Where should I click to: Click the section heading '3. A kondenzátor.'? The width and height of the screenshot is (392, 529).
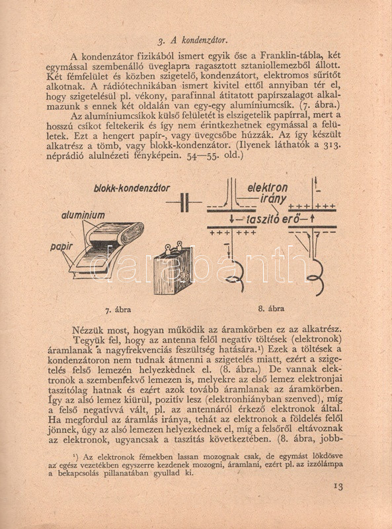[x=192, y=40]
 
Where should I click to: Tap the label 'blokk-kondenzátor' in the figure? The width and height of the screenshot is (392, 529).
[x=132, y=188]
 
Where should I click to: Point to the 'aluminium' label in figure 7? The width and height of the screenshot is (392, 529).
[x=83, y=216]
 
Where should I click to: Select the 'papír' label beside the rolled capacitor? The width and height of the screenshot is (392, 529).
[x=61, y=247]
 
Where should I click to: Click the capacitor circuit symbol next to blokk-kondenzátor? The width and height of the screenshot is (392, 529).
[x=184, y=202]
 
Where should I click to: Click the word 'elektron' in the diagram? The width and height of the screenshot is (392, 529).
[x=268, y=188]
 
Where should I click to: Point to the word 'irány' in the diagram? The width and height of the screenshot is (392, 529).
[x=273, y=198]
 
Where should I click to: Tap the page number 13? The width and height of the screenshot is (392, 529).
[x=338, y=487]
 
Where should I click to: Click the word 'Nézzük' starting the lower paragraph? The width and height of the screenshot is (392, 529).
[x=86, y=329]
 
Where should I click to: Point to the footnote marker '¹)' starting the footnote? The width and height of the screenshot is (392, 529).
[x=76, y=457]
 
